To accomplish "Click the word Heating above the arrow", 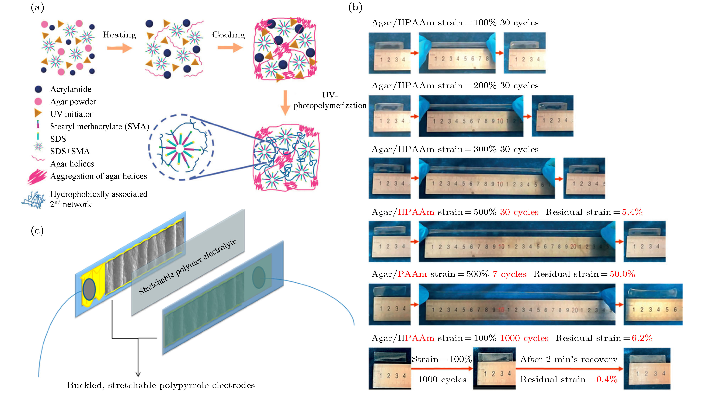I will (x=119, y=35).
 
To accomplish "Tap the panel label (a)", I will (x=37, y=7).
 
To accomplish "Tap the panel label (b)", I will (x=355, y=7).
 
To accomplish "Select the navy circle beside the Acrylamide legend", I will (x=38, y=89).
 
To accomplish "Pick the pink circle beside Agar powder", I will (x=38, y=102).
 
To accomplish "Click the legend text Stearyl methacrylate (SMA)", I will (x=100, y=126).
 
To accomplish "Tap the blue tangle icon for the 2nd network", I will (x=33, y=200).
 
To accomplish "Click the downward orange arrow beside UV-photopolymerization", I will (x=285, y=103).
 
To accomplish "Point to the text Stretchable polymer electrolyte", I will (x=187, y=267).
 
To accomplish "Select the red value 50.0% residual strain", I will (x=622, y=274).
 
